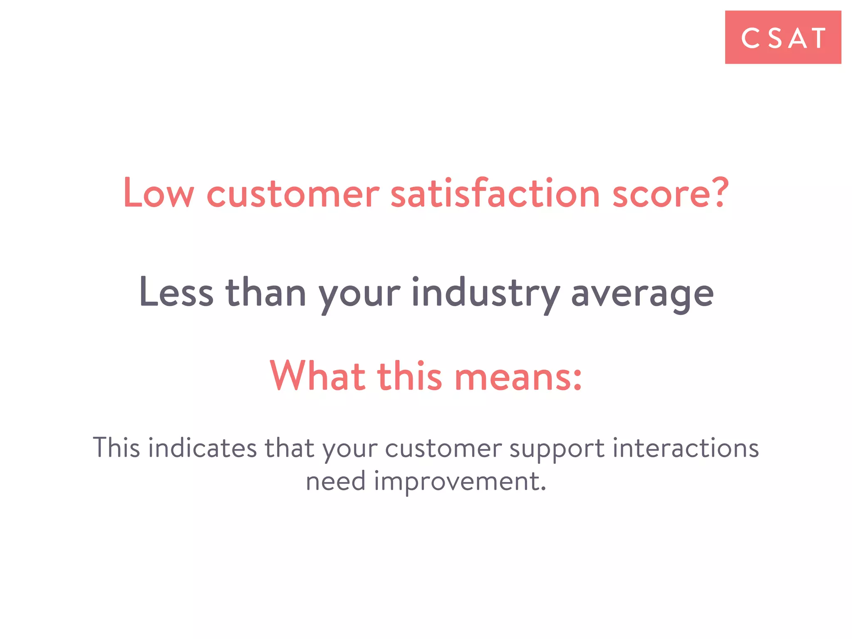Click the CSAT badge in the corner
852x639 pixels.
point(783,37)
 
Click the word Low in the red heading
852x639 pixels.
point(159,193)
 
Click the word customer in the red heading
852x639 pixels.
point(293,194)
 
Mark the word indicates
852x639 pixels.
point(203,448)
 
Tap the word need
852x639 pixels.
point(336,481)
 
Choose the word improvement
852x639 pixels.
point(460,482)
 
